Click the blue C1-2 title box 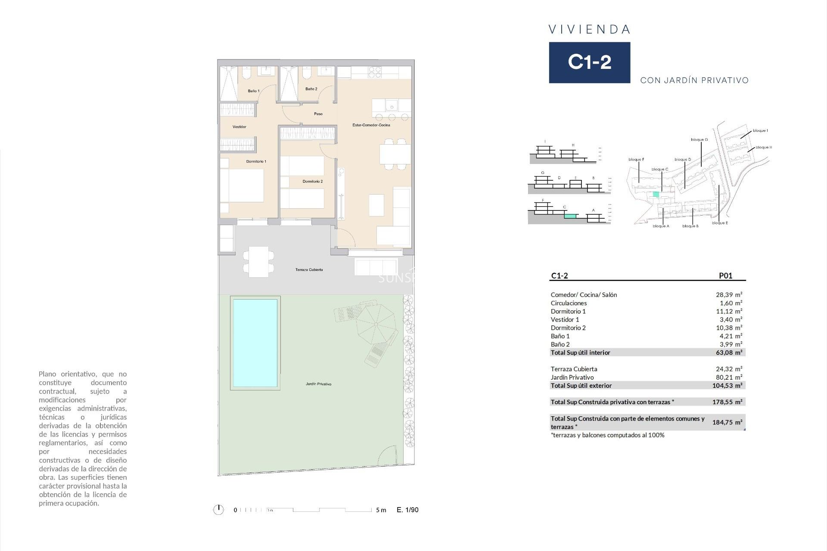pyautogui.click(x=589, y=62)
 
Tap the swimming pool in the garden pyautogui.click(x=255, y=343)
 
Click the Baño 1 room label pyautogui.click(x=253, y=91)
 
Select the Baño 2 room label pyautogui.click(x=311, y=89)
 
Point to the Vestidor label pyautogui.click(x=239, y=127)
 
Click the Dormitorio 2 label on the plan pyautogui.click(x=312, y=181)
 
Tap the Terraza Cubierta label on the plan pyautogui.click(x=309, y=269)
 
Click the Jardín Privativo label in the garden pyautogui.click(x=318, y=384)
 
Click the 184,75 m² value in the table pyautogui.click(x=727, y=422)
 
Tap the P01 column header pyautogui.click(x=725, y=276)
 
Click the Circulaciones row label pyautogui.click(x=569, y=303)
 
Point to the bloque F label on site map pyautogui.click(x=636, y=159)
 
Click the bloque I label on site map pyautogui.click(x=760, y=130)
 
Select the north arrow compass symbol pyautogui.click(x=218, y=510)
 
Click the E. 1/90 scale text pyautogui.click(x=407, y=510)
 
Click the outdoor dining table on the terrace pyautogui.click(x=258, y=262)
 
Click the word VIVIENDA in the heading pyautogui.click(x=589, y=30)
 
